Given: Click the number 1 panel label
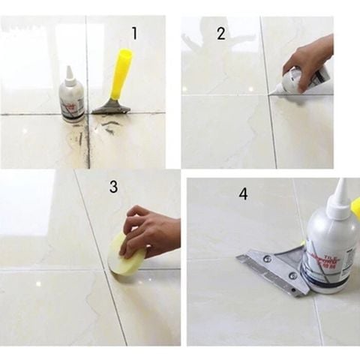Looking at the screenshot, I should tap(134, 33).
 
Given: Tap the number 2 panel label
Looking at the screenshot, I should tap(220, 33).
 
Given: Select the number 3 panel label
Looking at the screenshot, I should tap(113, 187).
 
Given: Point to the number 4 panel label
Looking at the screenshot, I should tap(243, 194).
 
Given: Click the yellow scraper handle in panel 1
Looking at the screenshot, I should tap(123, 71).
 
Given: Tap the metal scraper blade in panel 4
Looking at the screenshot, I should tap(270, 266).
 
